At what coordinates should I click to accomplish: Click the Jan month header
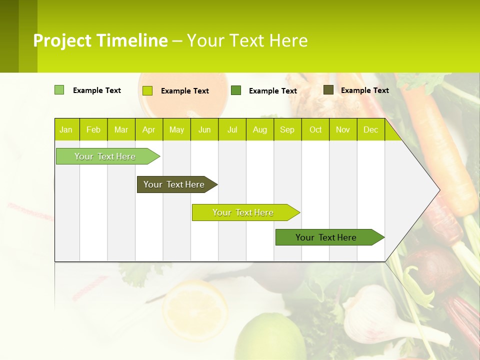click(x=66, y=130)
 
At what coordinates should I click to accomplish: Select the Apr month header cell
click(x=148, y=130)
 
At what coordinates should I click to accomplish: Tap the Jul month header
click(x=232, y=130)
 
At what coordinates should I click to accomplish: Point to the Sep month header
click(x=287, y=130)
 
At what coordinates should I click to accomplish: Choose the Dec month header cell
click(x=370, y=130)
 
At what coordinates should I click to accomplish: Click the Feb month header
click(x=93, y=130)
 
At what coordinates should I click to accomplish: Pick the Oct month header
click(x=315, y=130)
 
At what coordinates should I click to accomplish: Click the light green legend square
click(x=59, y=90)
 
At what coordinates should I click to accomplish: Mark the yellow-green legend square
click(x=147, y=90)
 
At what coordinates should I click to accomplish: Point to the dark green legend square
click(x=236, y=90)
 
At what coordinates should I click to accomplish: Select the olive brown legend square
click(x=328, y=90)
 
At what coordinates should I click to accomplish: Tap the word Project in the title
click(x=62, y=40)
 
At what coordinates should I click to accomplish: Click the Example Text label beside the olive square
click(x=364, y=90)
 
